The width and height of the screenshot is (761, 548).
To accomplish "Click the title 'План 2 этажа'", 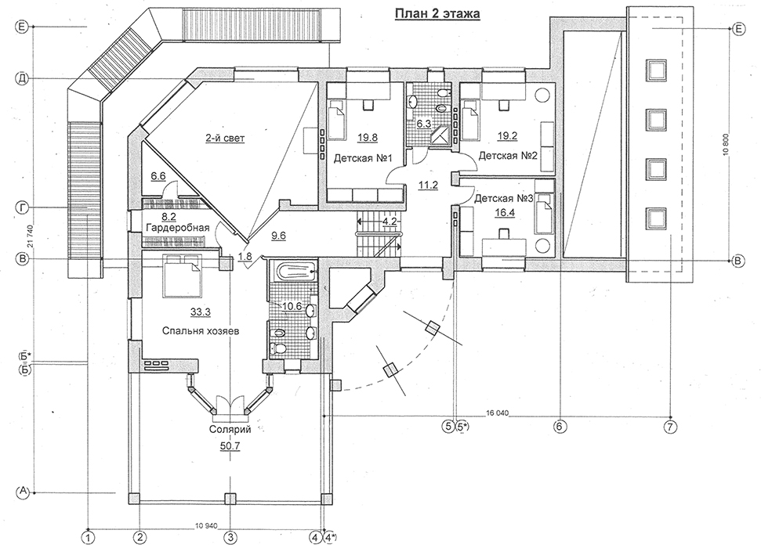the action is pyautogui.click(x=437, y=13).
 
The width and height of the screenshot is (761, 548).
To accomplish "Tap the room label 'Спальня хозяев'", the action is pyautogui.click(x=201, y=331).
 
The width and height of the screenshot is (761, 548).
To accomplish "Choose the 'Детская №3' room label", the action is pyautogui.click(x=504, y=198).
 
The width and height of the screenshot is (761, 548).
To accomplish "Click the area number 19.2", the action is pyautogui.click(x=507, y=136).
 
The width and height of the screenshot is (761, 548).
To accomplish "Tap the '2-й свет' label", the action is pyautogui.click(x=225, y=139).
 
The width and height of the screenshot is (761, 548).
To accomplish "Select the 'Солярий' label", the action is pyautogui.click(x=230, y=429).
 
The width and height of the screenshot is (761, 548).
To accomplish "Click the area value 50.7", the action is pyautogui.click(x=230, y=446).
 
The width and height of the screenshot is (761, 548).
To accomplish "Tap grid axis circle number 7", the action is pyautogui.click(x=670, y=427).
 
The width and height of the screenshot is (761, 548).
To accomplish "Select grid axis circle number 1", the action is pyautogui.click(x=88, y=537).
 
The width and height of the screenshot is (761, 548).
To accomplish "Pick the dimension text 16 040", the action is pyautogui.click(x=497, y=413).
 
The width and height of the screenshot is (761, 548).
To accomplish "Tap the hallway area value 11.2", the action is pyautogui.click(x=429, y=184).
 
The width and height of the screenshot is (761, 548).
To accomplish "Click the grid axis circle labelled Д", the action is pyautogui.click(x=22, y=78).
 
